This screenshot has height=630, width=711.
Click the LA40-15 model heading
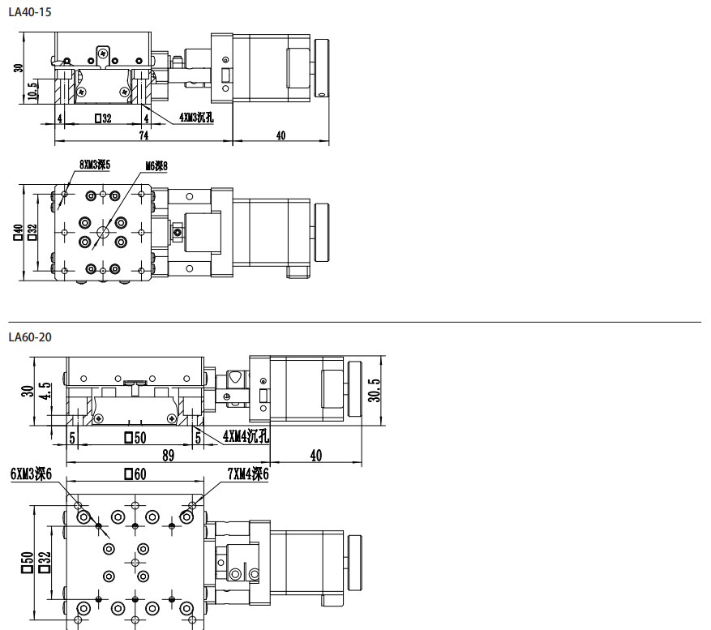pyautogui.click(x=30, y=12)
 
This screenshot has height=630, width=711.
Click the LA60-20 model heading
pyautogui.click(x=30, y=337)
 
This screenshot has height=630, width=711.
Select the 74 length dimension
pyautogui.click(x=143, y=135)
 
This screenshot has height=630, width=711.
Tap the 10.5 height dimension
pyautogui.click(x=32, y=91)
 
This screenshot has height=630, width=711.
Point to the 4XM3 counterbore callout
pyautogui.click(x=196, y=118)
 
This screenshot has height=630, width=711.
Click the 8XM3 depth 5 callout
pyautogui.click(x=95, y=165)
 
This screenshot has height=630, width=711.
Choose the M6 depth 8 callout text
pyautogui.click(x=156, y=166)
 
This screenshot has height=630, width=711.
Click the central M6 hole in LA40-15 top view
pyautogui.click(x=103, y=233)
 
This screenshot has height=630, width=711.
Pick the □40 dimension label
pyautogui.click(x=18, y=232)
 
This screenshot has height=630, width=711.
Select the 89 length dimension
pyautogui.click(x=169, y=456)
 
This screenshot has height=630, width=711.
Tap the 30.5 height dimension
pyautogui.click(x=374, y=390)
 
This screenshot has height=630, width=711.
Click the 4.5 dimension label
pyautogui.click(x=45, y=391)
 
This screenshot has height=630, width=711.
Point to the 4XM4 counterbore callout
pyautogui.click(x=246, y=436)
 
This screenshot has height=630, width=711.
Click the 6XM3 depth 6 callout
pyautogui.click(x=32, y=474)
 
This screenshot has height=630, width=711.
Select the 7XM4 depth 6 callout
pyautogui.click(x=248, y=474)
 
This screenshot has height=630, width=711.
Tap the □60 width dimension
pyautogui.click(x=135, y=474)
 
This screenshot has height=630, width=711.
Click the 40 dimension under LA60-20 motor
pyautogui.click(x=316, y=456)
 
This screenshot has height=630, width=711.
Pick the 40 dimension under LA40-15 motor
pyautogui.click(x=281, y=135)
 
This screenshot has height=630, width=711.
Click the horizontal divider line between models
pyautogui.click(x=354, y=322)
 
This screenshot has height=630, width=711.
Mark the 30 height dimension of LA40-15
pyautogui.click(x=18, y=67)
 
